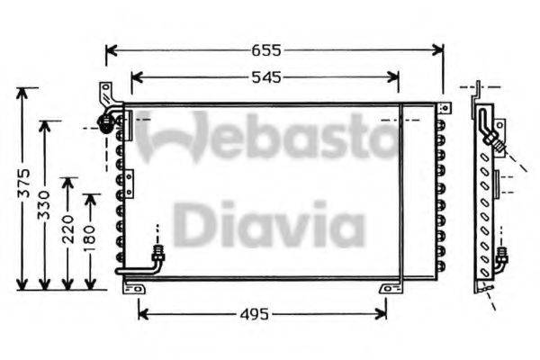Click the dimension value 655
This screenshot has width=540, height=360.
[x=274, y=51]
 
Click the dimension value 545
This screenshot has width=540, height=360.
[x=265, y=77]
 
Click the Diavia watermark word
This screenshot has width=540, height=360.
[x=268, y=226]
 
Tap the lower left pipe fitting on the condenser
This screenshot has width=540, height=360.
[x=159, y=255]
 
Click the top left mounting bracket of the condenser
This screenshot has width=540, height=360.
[x=106, y=93]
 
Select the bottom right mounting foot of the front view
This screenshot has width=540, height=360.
[x=388, y=288]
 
